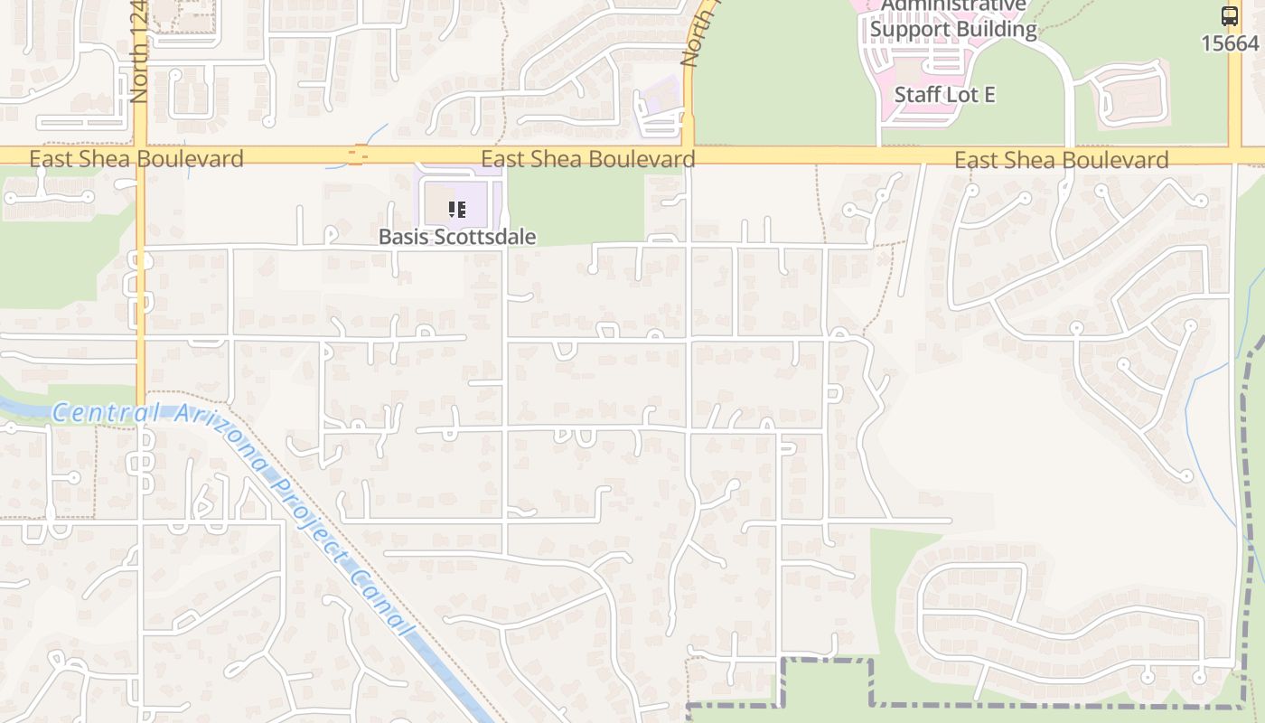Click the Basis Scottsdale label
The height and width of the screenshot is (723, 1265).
(x=457, y=237)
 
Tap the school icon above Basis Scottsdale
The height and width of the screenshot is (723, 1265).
(x=457, y=210)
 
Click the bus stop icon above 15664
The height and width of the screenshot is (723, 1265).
(x=1230, y=15)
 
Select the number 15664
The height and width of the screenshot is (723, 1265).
(x=1230, y=42)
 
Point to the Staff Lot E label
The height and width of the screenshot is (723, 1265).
(x=944, y=94)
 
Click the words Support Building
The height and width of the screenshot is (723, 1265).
(x=953, y=29)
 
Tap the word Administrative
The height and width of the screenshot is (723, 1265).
(x=954, y=5)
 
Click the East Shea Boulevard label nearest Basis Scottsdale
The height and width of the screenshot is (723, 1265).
(x=587, y=160)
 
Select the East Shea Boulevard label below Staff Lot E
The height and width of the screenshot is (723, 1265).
(x=1062, y=160)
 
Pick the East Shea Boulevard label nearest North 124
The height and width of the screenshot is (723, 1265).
(x=136, y=160)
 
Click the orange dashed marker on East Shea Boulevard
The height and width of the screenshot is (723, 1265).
(x=358, y=156)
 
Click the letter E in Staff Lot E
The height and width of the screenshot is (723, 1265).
(x=989, y=94)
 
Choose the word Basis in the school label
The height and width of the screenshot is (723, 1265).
(x=403, y=237)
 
